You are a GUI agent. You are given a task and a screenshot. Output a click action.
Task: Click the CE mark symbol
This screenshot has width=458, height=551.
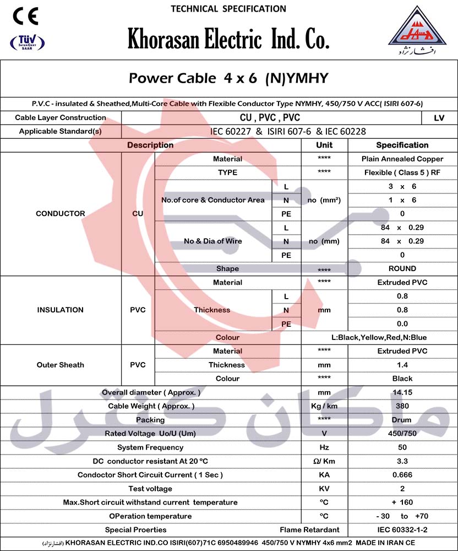click(25, 17)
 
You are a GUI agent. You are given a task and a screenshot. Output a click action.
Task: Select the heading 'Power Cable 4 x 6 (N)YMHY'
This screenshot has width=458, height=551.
click(228, 78)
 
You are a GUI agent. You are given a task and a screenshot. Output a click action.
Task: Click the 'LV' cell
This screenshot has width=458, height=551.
click(439, 117)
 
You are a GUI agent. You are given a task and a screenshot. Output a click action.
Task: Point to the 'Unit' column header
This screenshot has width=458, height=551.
click(324, 145)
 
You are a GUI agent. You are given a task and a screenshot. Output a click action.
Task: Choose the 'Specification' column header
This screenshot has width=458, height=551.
click(402, 145)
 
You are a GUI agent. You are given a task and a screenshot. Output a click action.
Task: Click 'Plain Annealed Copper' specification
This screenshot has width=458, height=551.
click(402, 159)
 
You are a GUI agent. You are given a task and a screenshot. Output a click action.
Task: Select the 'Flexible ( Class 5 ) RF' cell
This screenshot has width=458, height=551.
click(402, 172)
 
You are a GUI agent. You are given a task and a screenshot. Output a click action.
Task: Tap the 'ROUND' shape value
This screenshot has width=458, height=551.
click(402, 268)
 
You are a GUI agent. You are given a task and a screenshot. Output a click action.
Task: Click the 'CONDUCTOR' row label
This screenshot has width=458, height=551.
click(61, 213)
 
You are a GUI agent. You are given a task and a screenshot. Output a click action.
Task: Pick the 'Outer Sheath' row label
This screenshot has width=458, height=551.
click(61, 365)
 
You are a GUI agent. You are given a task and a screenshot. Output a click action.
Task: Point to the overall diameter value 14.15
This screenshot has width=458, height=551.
click(402, 392)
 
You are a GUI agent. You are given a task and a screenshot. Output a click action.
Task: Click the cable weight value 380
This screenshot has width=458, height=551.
click(402, 406)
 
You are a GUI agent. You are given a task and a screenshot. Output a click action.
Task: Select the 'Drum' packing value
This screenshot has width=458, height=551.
click(402, 420)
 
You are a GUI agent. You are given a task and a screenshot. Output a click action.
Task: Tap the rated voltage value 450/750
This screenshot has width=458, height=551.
click(402, 434)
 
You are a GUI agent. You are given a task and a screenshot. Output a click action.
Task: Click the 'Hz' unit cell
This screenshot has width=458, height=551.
click(324, 447)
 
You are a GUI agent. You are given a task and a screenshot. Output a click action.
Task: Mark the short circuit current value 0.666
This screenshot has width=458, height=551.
click(402, 475)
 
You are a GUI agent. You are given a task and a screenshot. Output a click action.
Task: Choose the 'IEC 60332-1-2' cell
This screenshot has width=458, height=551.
click(402, 530)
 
